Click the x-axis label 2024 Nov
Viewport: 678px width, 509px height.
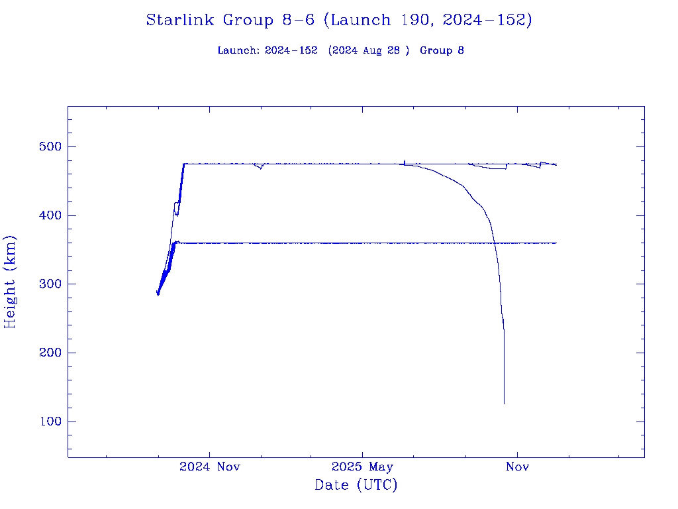coord(210,467)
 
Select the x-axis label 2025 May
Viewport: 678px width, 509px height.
coord(362,467)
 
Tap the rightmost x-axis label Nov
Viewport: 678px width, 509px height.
coord(517,467)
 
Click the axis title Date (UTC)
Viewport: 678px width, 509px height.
coord(356,485)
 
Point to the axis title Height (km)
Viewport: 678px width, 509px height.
coord(10,282)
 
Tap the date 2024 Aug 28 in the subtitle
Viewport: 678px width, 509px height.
coord(366,51)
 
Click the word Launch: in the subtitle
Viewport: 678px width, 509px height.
coord(239,51)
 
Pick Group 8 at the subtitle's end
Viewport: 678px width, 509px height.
coord(442,51)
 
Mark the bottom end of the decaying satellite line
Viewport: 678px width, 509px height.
coord(504,403)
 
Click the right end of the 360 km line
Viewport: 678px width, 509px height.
coord(556,243)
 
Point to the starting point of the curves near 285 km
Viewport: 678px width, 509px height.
coord(158,294)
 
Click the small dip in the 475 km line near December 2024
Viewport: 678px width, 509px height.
coord(261,168)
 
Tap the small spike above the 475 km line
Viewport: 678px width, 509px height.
coord(404,160)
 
